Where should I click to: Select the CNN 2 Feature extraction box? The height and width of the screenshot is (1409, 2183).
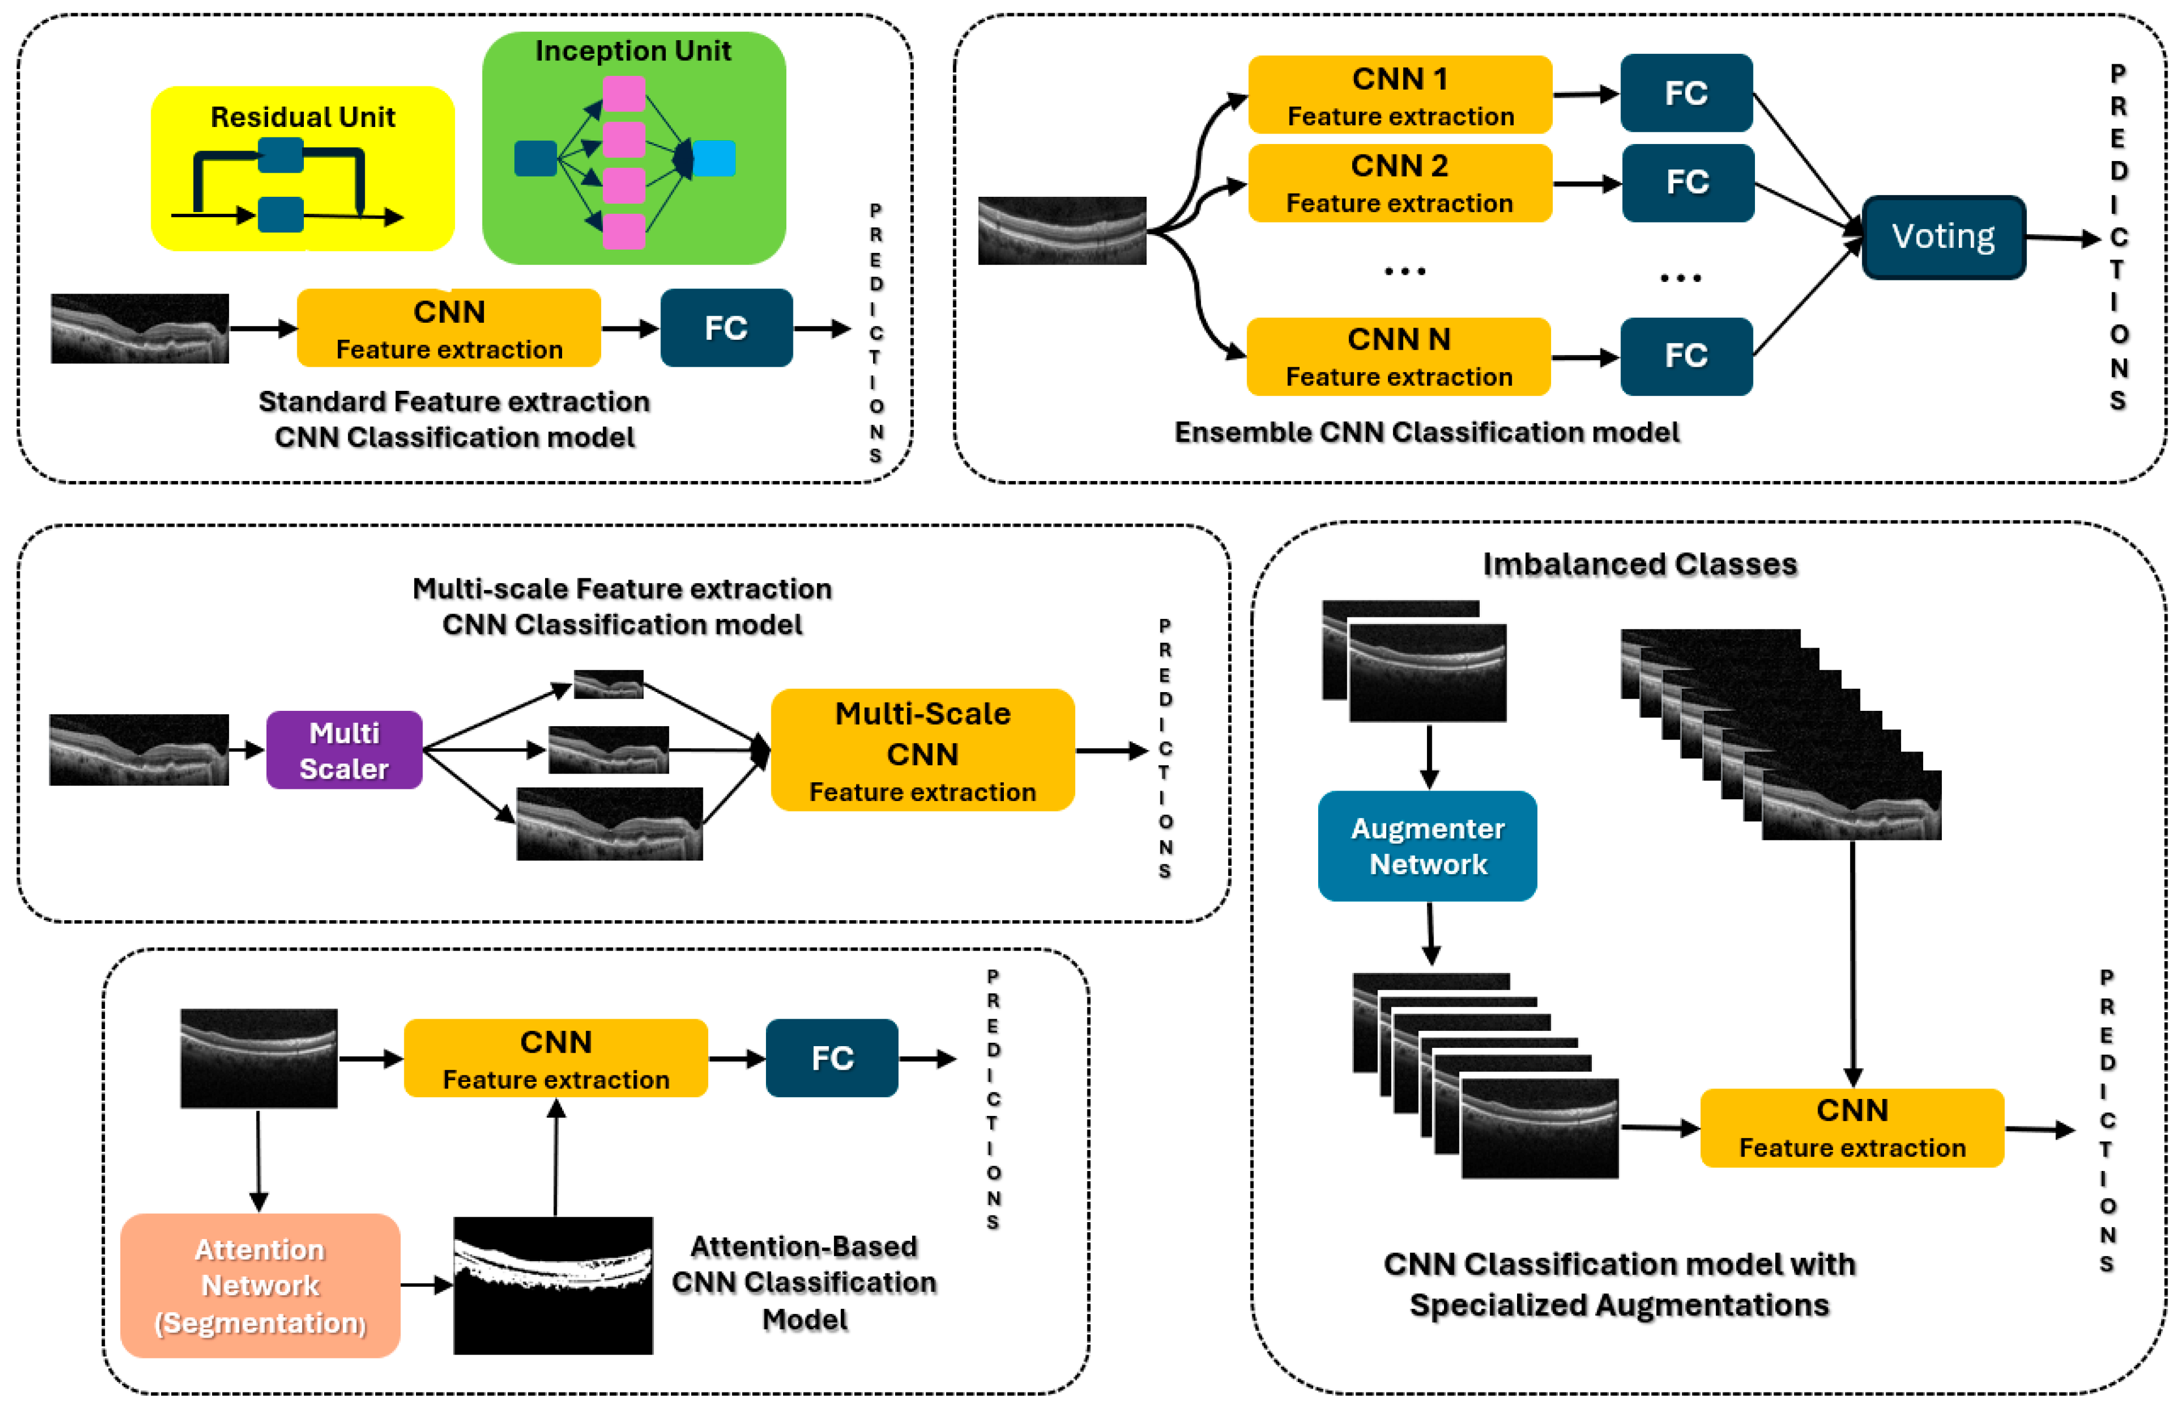point(1399,183)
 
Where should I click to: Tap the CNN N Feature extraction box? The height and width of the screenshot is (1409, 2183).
point(1398,357)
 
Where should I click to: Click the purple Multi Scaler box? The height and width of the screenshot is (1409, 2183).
point(344,750)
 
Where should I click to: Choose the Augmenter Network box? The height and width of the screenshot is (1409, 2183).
point(1427,846)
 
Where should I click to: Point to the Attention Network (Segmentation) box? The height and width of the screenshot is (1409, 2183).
point(260,1285)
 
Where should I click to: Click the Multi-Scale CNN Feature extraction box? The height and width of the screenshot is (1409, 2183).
point(923,750)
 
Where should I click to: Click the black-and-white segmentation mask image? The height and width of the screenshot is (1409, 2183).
point(553,1285)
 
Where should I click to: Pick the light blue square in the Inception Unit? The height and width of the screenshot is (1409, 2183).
point(714,158)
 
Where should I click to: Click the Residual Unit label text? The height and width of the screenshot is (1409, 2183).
point(303,117)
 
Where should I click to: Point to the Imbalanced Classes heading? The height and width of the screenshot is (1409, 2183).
point(1640,565)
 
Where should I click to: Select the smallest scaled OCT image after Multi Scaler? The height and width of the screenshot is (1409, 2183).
point(608,684)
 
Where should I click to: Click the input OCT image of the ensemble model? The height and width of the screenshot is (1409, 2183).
point(1062,230)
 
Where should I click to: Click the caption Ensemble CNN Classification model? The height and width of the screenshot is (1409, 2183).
point(1427,433)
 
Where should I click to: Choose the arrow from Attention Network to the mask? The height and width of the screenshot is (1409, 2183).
point(427,1285)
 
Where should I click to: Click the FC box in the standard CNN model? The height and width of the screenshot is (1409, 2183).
point(726,328)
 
